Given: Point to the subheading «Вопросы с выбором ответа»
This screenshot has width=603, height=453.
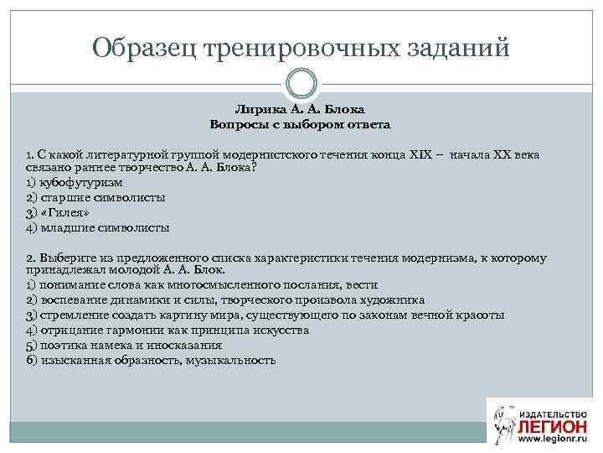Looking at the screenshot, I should click(301, 124).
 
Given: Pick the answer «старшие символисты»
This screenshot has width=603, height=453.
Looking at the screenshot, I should click(95, 197).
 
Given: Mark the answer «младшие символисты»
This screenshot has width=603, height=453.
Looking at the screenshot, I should click(98, 227).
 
